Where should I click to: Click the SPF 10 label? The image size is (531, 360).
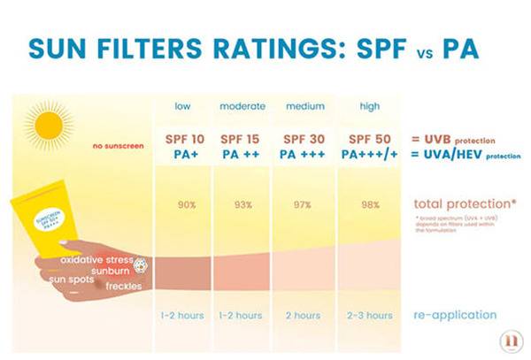pyautogui.click(x=185, y=140)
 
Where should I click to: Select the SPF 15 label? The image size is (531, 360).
pyautogui.click(x=242, y=140)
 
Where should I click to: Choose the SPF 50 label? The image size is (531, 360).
pyautogui.click(x=370, y=140)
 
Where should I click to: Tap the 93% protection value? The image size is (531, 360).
pyautogui.click(x=241, y=205)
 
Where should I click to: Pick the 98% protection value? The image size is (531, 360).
pyautogui.click(x=370, y=205)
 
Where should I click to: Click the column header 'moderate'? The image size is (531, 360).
pyautogui.click(x=241, y=107)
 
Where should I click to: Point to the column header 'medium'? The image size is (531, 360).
pyautogui.click(x=304, y=107)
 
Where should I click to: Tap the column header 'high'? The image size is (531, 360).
pyautogui.click(x=370, y=107)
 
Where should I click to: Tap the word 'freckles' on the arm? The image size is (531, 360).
pyautogui.click(x=123, y=286)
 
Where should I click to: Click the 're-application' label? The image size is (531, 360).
pyautogui.click(x=455, y=315)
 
